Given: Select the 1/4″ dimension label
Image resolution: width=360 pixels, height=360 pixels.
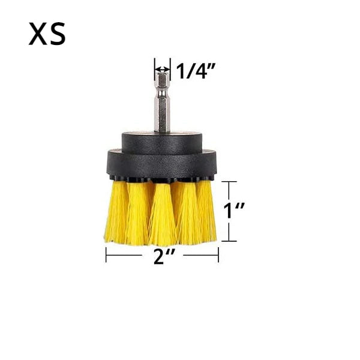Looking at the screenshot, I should click(196, 71).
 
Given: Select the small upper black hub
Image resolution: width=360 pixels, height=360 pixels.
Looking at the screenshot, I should click(162, 142).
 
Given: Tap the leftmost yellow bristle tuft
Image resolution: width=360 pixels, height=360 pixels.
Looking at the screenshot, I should click(116, 213).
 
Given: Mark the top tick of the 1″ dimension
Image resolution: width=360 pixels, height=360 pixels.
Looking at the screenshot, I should click(228, 181).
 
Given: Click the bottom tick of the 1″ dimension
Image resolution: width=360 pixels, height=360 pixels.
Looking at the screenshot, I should click(228, 241).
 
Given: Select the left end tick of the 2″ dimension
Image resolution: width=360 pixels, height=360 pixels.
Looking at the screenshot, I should click(106, 256).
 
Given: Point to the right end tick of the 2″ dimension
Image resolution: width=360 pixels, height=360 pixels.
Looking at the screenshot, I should click(218, 256).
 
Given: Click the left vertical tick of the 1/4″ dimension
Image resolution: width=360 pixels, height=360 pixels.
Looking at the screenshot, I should click(155, 66).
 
